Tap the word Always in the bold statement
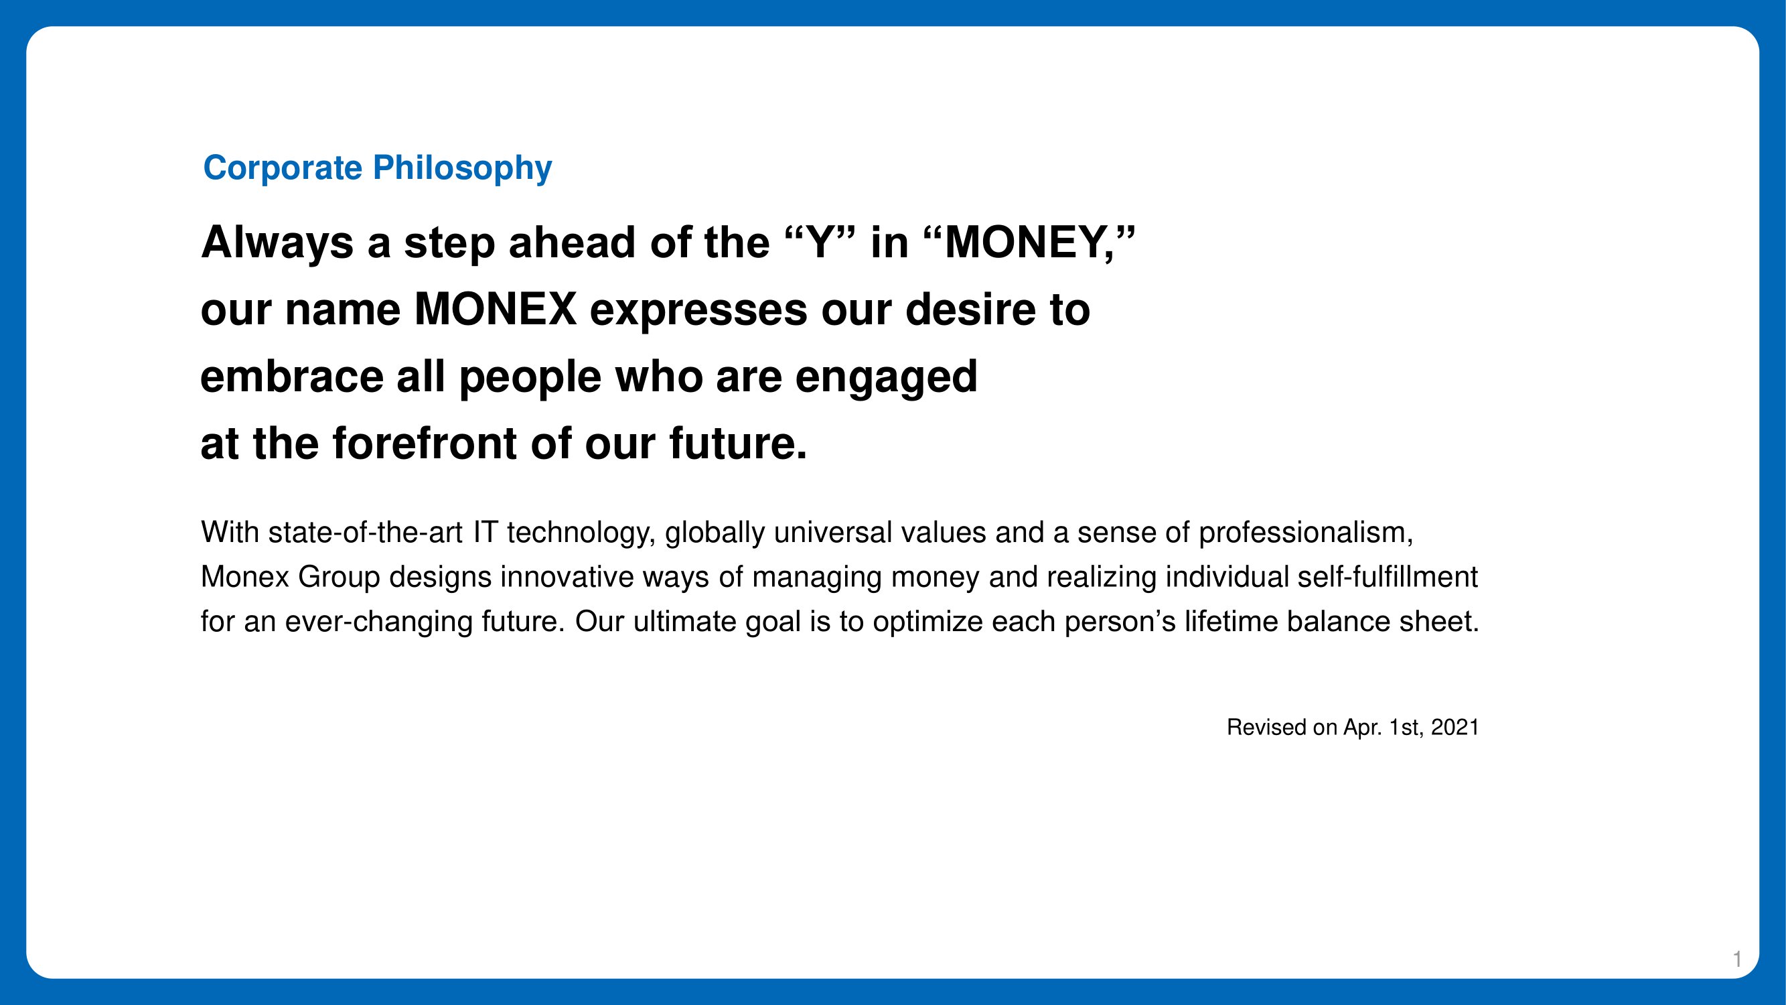(x=277, y=243)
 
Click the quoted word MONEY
(x=1029, y=243)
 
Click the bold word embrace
(x=292, y=376)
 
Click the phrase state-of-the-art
(x=366, y=533)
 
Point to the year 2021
(x=1455, y=727)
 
